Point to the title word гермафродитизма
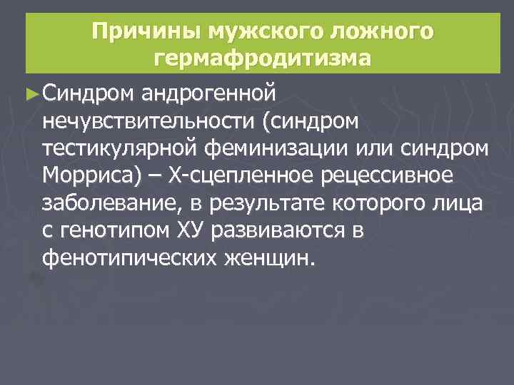(262, 58)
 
